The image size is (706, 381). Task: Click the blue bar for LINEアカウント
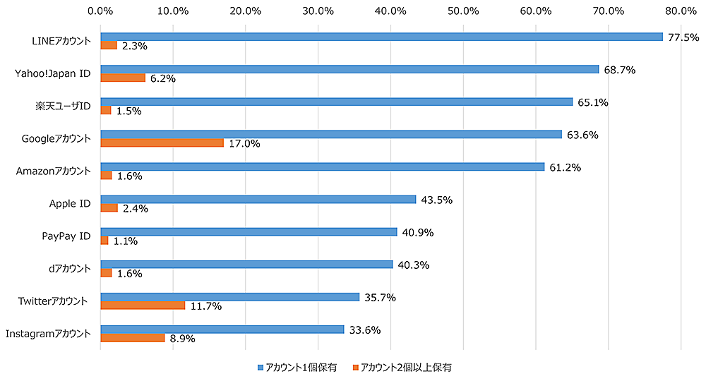click(x=381, y=37)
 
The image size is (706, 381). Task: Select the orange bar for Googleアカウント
click(x=162, y=143)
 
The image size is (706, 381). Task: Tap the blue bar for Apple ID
click(x=258, y=199)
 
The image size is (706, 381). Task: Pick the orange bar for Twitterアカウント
click(x=143, y=305)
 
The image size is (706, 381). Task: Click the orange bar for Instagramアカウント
click(x=133, y=337)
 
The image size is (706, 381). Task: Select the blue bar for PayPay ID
click(x=249, y=231)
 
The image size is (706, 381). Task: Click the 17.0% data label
click(x=244, y=143)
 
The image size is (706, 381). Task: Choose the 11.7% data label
click(x=206, y=306)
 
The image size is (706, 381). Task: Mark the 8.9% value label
click(x=183, y=338)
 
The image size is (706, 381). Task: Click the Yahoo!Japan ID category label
click(x=53, y=73)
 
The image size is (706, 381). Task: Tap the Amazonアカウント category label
click(x=53, y=171)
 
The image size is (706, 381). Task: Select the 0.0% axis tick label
click(x=100, y=11)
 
